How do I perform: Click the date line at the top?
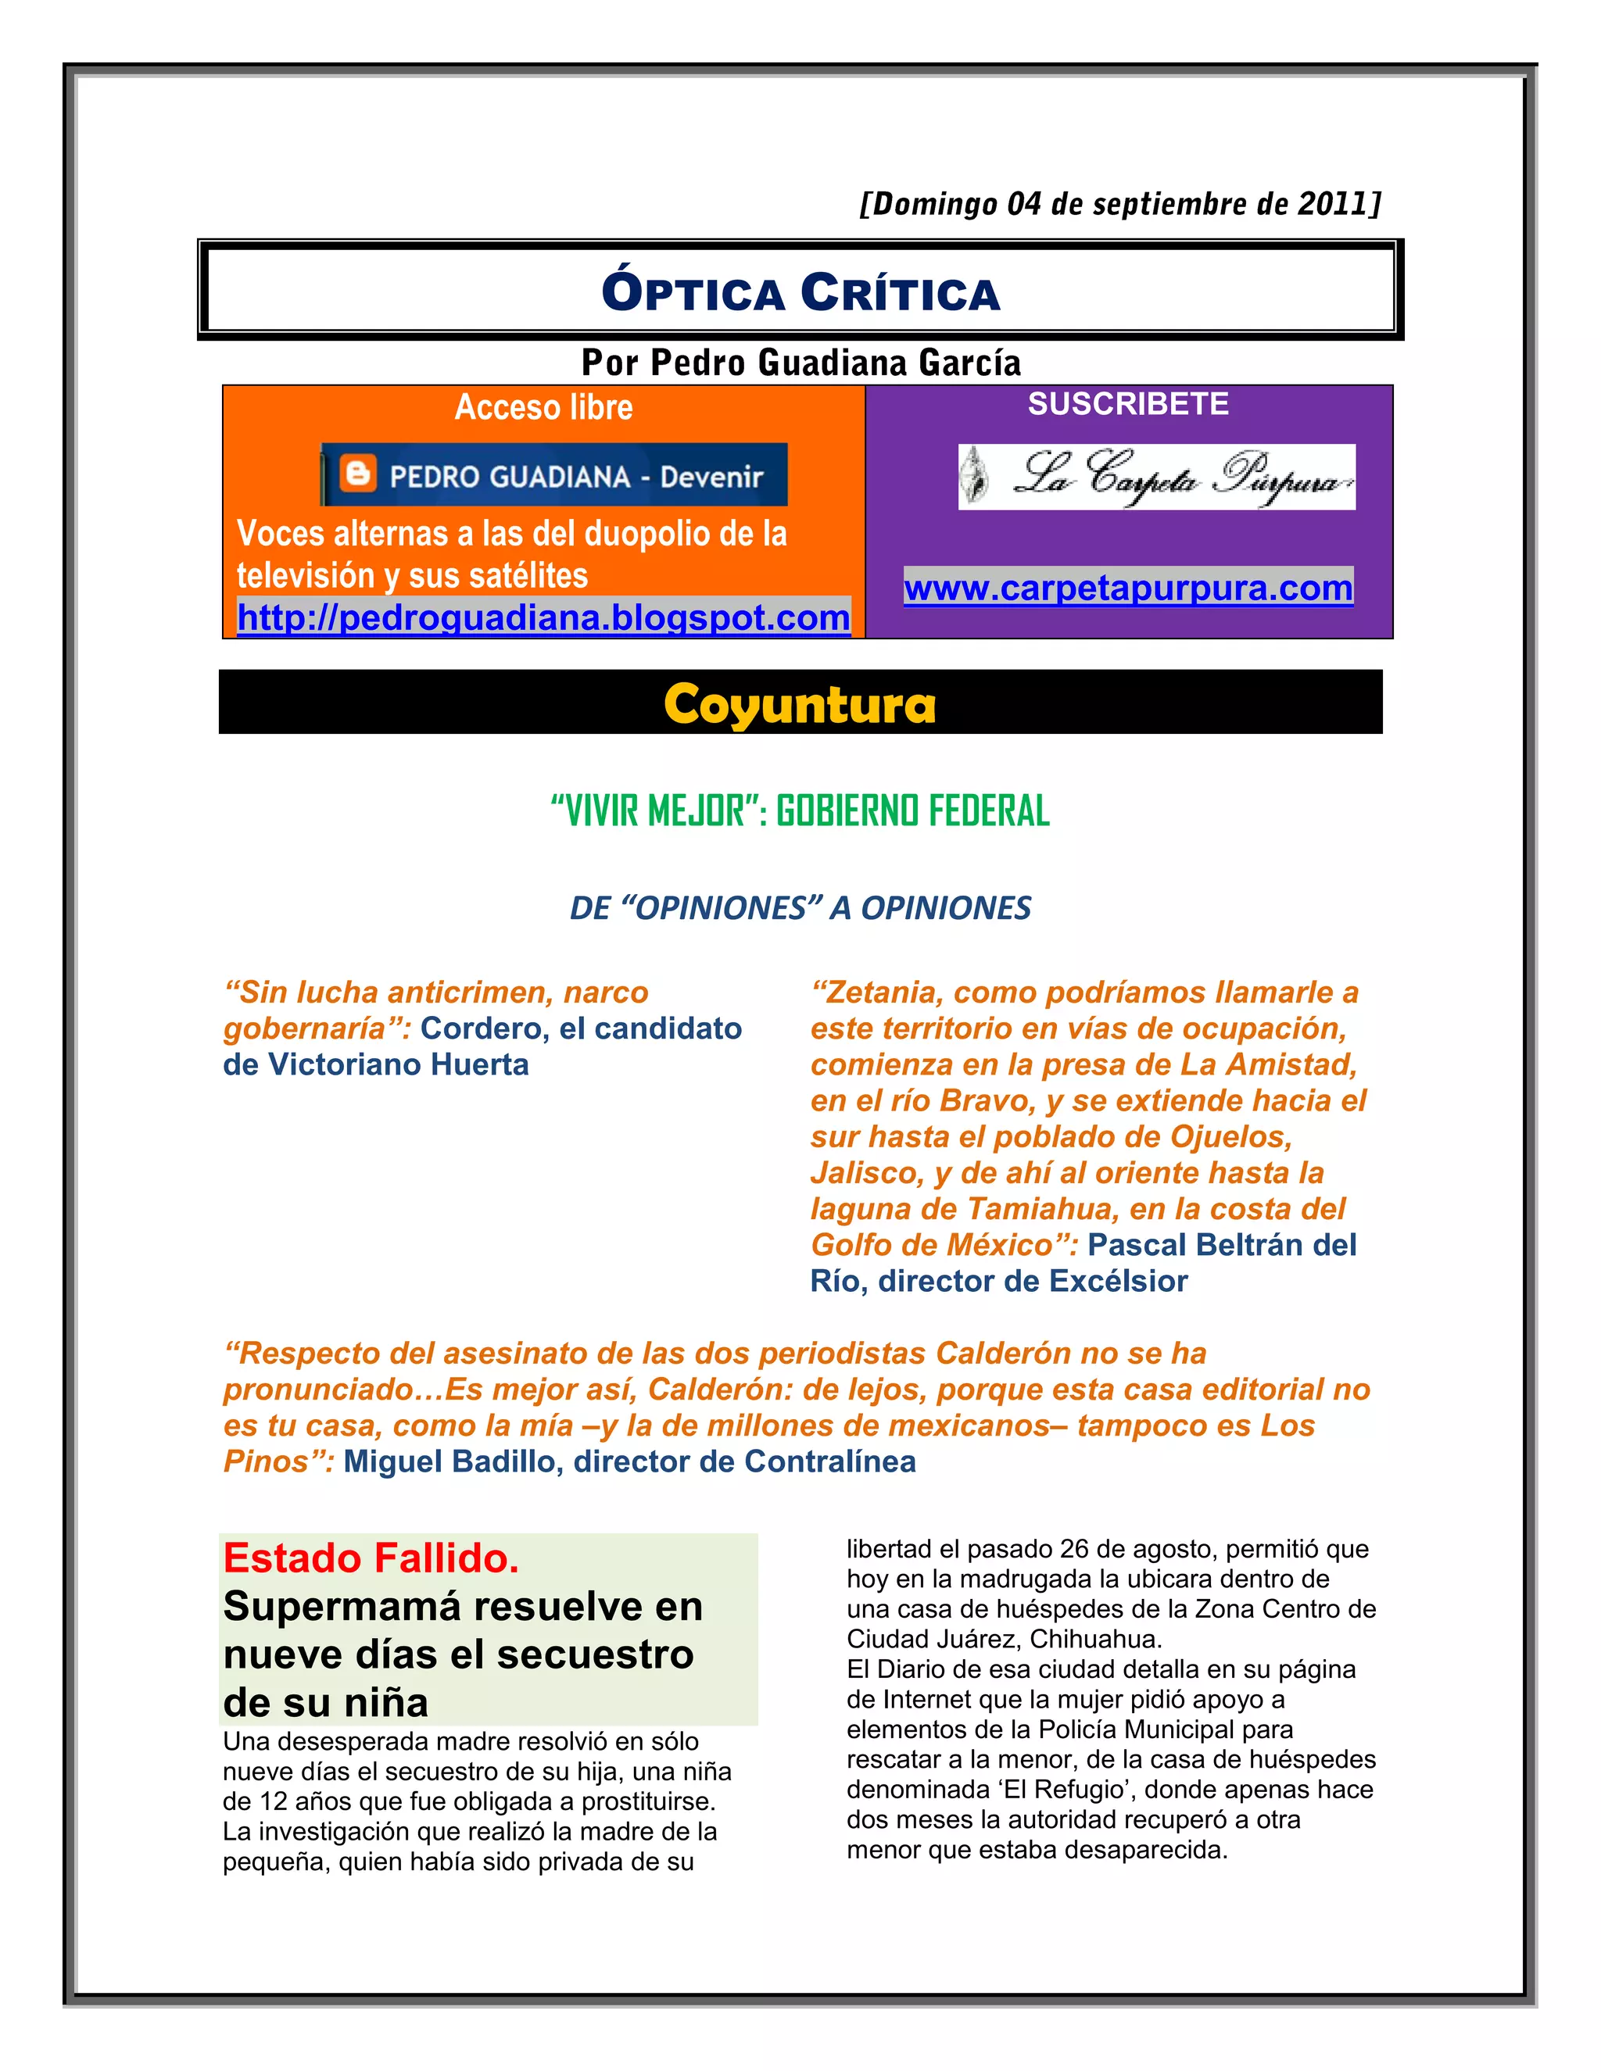1119,204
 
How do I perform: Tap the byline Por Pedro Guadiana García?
800,363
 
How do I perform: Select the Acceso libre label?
543,407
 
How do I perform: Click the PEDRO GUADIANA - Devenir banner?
555,475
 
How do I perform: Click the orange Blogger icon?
357,473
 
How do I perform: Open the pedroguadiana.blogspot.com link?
543,617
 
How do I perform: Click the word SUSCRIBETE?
1128,404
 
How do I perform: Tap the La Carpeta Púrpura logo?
1156,477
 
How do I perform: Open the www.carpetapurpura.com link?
1128,588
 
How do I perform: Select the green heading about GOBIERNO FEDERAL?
800,810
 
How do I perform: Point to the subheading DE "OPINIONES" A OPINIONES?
800,907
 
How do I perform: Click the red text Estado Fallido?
371,1558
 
